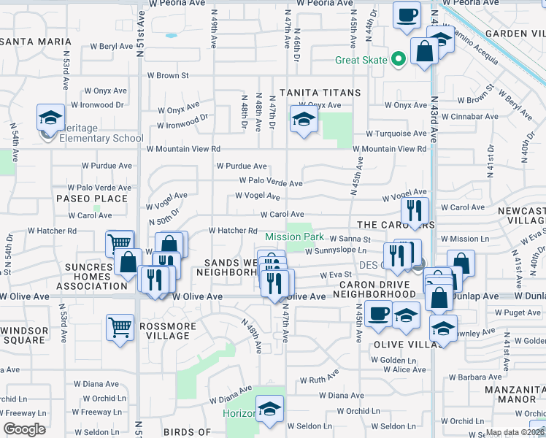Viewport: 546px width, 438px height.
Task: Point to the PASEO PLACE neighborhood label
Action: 92,199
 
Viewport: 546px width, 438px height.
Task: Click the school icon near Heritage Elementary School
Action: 50,118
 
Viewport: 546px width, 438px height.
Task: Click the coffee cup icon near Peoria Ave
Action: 407,14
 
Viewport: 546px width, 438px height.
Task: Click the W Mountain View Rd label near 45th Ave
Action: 390,149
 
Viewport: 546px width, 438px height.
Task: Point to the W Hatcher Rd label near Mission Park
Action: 234,231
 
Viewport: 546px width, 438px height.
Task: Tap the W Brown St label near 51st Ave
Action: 168,75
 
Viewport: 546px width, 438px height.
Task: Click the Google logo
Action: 24,429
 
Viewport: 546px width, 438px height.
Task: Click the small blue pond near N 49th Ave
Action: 171,34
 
